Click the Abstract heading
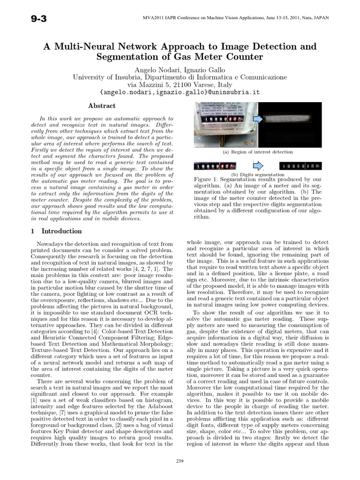[102, 106]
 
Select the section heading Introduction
[61, 231]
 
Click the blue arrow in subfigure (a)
[257, 120]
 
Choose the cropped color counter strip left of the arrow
[215, 166]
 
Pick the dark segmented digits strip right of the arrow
[300, 166]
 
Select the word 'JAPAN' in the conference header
[320, 18]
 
